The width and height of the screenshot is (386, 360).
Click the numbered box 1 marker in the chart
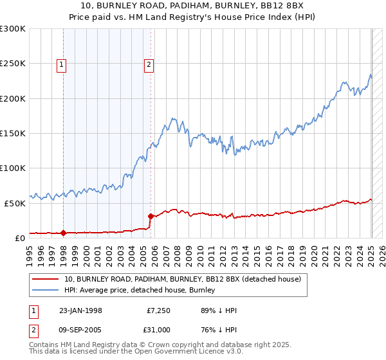(62, 64)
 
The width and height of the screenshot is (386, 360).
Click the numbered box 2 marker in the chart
(149, 64)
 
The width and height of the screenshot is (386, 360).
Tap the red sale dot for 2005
(151, 216)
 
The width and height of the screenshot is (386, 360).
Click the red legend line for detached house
(45, 279)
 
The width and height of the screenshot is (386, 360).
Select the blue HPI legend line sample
(45, 289)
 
